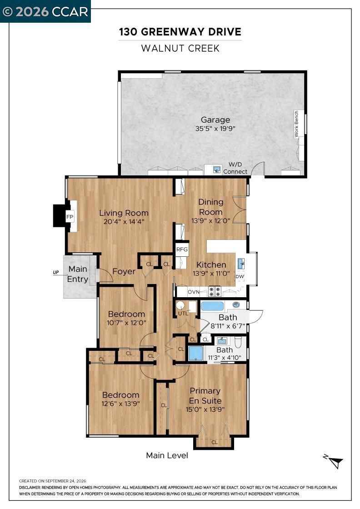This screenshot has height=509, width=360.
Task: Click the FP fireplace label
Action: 70,217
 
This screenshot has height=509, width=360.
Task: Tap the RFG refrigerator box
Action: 182,250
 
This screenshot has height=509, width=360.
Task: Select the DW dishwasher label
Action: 240,277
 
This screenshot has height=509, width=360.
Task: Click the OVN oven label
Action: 194,292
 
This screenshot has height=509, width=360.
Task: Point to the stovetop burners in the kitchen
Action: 214,291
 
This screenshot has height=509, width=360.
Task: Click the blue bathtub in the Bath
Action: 212,306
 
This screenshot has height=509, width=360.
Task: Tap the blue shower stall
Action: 196,354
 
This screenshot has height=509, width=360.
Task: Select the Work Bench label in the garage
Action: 296,124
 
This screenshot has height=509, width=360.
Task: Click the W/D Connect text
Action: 235,168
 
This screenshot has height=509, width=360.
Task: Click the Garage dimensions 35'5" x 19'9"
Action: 215,129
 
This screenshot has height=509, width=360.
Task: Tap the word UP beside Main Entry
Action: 56,272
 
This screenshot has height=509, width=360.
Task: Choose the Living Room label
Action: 124,213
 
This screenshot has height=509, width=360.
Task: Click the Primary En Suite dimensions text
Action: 205,409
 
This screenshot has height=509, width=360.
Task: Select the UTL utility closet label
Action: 183,314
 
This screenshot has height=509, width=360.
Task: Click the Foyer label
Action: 124,271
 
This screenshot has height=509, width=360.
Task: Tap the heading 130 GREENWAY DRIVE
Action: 180,32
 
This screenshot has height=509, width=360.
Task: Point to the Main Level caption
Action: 167,455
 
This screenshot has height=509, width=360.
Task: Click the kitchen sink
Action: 240,263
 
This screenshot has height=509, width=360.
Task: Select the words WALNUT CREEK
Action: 180,48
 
